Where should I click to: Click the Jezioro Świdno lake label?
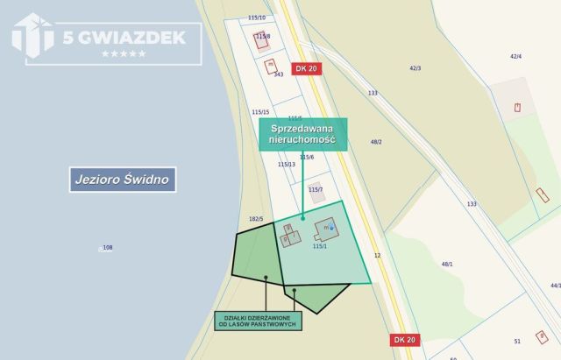(123, 180)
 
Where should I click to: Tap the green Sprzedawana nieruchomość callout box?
(303, 134)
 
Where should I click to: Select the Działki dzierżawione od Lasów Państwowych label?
(259, 321)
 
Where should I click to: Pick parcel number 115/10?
(257, 18)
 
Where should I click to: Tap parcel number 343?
(278, 74)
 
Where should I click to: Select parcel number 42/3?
(415, 67)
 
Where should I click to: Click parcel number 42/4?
(515, 56)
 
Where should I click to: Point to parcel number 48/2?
(376, 141)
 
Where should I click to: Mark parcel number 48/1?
(447, 264)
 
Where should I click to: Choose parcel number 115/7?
(316, 189)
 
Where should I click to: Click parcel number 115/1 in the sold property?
(319, 246)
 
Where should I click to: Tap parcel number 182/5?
(256, 218)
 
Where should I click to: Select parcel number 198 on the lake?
(108, 248)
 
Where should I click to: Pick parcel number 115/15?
(260, 112)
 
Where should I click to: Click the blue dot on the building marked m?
(331, 228)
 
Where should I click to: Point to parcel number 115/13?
(287, 164)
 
